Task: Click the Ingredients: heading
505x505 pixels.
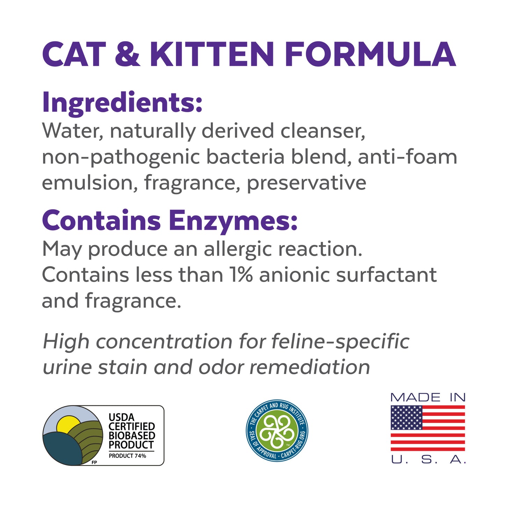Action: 122,103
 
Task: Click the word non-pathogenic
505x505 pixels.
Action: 121,157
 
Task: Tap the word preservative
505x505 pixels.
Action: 306,183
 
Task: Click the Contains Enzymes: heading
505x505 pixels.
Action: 170,221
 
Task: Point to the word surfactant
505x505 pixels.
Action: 386,275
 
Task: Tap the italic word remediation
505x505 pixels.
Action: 310,367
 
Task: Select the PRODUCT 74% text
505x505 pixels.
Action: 127,456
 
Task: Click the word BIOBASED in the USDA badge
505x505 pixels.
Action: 132,435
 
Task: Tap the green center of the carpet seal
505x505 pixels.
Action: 277,430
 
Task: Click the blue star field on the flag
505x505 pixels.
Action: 406,418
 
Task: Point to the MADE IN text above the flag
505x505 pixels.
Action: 428,397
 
